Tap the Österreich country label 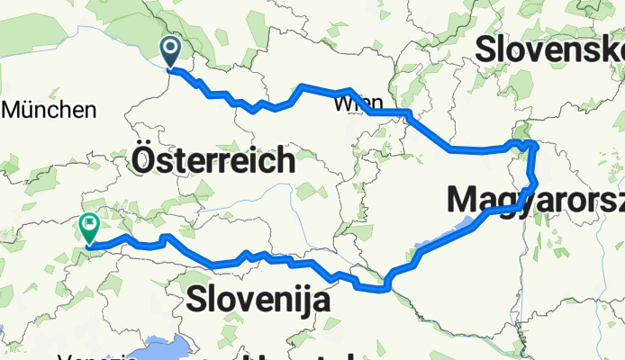(213, 160)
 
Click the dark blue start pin (169, 51)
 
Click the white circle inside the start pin (169, 47)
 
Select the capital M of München (13, 111)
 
